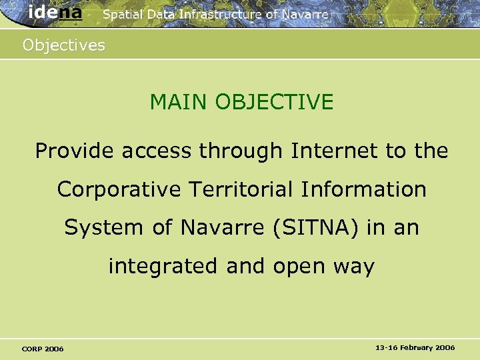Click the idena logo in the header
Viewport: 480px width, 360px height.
pos(55,13)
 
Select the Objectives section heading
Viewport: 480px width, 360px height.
pos(64,45)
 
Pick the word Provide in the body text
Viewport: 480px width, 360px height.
pos(75,151)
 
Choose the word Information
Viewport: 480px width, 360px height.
pos(363,189)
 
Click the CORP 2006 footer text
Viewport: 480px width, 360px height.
pos(43,349)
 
